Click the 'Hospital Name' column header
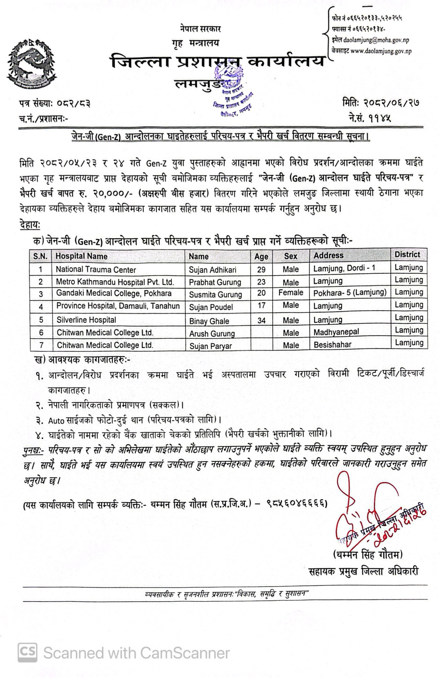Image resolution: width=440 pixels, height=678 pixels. [81, 256]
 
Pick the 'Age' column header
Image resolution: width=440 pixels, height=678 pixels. [261, 256]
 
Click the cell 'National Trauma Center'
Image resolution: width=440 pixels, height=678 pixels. [96, 270]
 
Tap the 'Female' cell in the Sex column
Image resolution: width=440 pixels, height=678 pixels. [291, 293]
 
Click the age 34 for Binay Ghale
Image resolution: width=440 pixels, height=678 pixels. [261, 321]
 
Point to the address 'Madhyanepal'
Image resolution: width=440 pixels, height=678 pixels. [336, 332]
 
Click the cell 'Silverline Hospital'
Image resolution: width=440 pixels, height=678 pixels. [86, 320]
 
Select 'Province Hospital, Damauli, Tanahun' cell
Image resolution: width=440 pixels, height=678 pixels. [118, 306]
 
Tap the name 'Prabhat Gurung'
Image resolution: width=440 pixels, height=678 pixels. [215, 282]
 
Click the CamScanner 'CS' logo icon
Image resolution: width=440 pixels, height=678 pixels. [28, 652]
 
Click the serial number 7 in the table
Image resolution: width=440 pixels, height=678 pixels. [41, 345]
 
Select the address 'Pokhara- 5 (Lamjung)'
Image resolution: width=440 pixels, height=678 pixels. [350, 292]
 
